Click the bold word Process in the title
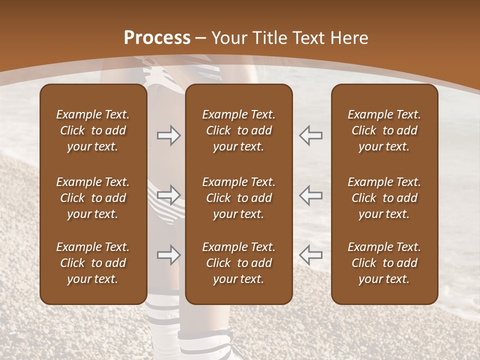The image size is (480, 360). point(157,38)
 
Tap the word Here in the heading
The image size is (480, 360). point(349,38)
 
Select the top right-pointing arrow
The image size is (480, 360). point(168,135)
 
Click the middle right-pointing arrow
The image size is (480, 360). point(168,195)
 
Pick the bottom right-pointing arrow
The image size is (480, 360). point(168,255)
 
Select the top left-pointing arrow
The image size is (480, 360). point(311,135)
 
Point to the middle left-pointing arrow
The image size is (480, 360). point(311,195)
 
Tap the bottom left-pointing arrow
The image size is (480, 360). point(311,255)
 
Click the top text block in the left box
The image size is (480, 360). point(93,130)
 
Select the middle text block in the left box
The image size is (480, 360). point(93,198)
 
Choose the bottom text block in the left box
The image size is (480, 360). point(93,263)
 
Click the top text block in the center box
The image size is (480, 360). point(239,130)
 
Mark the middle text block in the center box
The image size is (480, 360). point(239,198)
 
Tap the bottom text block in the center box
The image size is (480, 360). point(239,263)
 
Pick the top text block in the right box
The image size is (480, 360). point(384,130)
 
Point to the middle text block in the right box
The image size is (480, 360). point(384,198)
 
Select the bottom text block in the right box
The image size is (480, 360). point(384,263)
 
